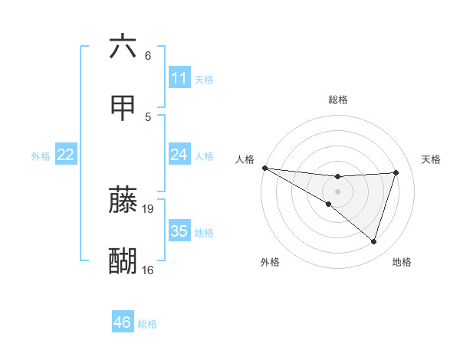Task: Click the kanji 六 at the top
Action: click(123, 47)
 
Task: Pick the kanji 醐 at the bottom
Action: click(123, 260)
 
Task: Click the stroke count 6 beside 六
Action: click(147, 56)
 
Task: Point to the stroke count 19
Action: click(149, 208)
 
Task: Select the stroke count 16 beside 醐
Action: click(148, 270)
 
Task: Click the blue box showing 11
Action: click(179, 78)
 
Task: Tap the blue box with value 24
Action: click(179, 155)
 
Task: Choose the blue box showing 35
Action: click(179, 231)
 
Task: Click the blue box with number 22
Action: click(66, 155)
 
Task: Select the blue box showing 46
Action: click(123, 322)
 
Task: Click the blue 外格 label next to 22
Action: click(41, 155)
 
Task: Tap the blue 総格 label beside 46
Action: click(147, 324)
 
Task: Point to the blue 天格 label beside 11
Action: click(204, 79)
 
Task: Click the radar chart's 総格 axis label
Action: click(337, 100)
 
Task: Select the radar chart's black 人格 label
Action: click(245, 159)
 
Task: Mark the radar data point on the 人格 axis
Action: click(264, 167)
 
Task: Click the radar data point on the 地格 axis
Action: click(373, 241)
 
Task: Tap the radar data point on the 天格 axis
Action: click(396, 172)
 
